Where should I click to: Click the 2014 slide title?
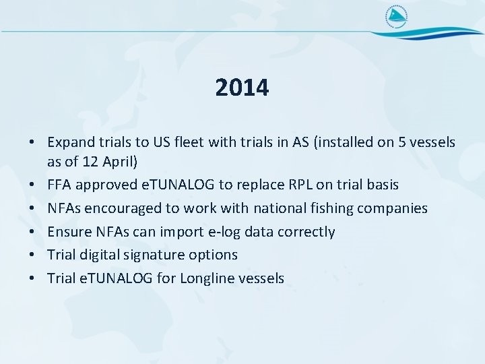click(x=242, y=88)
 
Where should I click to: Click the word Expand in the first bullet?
click(x=69, y=143)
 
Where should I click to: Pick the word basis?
click(x=381, y=185)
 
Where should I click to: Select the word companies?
click(x=394, y=208)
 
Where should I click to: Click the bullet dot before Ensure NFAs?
click(x=32, y=232)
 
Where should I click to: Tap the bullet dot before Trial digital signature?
click(x=32, y=255)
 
